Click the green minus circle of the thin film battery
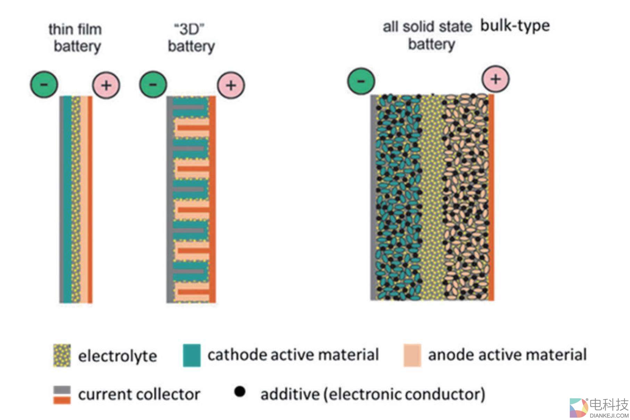tap(44, 84)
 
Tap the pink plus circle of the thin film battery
tap(106, 85)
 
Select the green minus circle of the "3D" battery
tap(153, 84)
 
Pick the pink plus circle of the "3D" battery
tap(231, 85)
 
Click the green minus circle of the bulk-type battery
tap(361, 81)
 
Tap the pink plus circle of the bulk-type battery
tap(496, 79)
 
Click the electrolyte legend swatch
tap(62, 355)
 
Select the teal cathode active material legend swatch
tap(192, 355)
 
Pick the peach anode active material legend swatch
tap(412, 355)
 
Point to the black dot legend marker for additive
tap(240, 392)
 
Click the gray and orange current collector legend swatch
tap(62, 395)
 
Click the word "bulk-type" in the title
tap(515, 26)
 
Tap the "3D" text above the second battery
tap(189, 29)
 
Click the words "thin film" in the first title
tap(75, 30)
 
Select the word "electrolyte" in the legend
tap(117, 356)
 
